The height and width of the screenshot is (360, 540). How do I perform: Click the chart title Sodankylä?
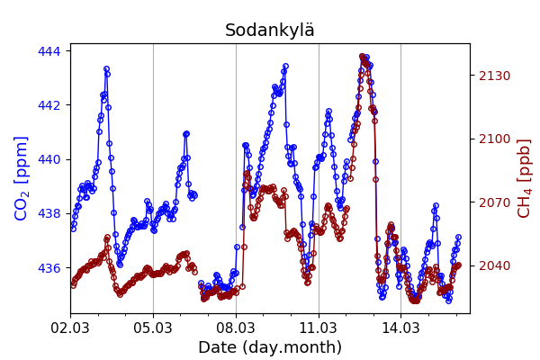[270, 31]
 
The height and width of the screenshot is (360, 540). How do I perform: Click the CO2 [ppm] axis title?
[22, 178]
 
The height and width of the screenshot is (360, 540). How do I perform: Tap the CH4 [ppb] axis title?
[524, 178]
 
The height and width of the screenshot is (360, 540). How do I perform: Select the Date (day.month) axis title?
[270, 347]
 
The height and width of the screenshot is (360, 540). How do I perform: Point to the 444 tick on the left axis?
[49, 51]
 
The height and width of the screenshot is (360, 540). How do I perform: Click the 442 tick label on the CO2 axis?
[49, 105]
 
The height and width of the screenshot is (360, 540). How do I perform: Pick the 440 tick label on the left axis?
[49, 159]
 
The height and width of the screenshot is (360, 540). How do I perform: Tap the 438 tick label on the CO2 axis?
[49, 214]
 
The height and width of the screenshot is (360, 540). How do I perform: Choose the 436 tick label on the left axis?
[49, 268]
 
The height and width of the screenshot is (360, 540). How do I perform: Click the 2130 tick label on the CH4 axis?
[494, 76]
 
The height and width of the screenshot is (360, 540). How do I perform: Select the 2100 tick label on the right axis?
[494, 139]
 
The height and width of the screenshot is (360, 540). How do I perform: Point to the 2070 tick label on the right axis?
[494, 202]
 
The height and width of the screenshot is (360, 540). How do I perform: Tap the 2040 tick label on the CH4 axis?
[494, 265]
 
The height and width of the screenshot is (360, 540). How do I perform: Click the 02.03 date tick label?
[70, 328]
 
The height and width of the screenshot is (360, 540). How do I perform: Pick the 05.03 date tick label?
[153, 328]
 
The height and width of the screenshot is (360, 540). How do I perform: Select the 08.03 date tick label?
[236, 328]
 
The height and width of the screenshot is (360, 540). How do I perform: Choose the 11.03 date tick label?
[319, 328]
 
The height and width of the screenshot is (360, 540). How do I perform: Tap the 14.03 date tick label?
[401, 328]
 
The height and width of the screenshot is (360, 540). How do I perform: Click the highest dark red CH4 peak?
[363, 57]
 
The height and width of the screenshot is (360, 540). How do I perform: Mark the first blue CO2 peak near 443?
[106, 68]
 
